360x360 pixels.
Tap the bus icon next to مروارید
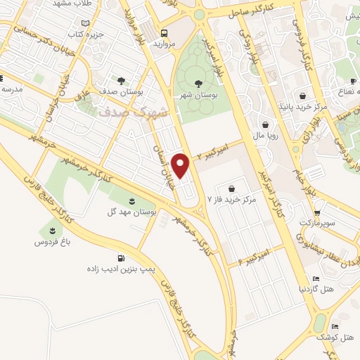[164, 33]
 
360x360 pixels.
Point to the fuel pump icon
[123, 257]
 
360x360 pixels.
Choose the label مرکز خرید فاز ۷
[230, 200]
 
